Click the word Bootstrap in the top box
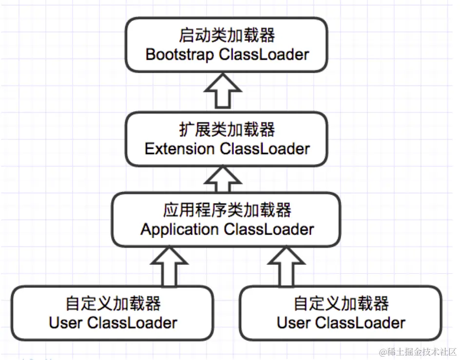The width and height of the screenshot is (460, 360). [x=179, y=55]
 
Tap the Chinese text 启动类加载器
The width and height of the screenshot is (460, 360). [x=227, y=36]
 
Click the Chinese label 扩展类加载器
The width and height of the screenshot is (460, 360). [x=227, y=130]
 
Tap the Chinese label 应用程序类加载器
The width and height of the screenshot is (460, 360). [x=227, y=210]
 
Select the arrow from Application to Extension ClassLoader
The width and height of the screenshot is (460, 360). [x=222, y=180]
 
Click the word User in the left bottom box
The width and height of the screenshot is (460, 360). [x=66, y=322]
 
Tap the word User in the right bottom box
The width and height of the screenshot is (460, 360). [x=294, y=322]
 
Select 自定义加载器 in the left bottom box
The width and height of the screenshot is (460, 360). [x=113, y=304]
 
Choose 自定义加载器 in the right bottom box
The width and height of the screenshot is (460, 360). [x=341, y=304]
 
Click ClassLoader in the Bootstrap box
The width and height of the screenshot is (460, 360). [x=264, y=55]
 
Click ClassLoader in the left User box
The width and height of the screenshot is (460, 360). [x=132, y=322]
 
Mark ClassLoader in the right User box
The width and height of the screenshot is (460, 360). [x=360, y=322]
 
